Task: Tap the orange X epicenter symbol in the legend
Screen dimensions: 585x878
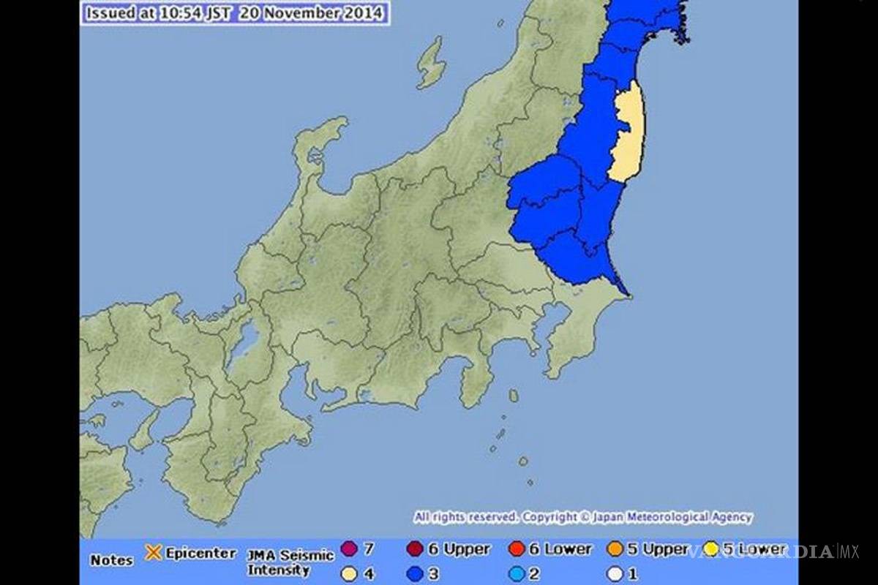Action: pos(154,553)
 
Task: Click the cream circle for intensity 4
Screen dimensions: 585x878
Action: pos(349,574)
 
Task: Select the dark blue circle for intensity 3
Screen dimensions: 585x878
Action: pos(416,574)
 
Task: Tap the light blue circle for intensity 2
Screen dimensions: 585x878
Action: pos(517,574)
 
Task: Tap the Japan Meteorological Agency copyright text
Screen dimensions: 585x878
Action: pos(582,518)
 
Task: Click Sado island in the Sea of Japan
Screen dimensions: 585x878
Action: pos(431,64)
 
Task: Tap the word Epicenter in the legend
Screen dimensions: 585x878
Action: pos(200,553)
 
